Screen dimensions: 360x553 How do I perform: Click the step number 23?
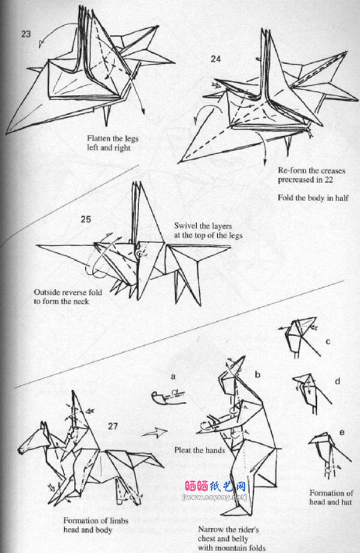click(26, 34)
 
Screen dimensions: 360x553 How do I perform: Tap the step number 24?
click(216, 59)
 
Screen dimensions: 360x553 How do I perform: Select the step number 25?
click(86, 219)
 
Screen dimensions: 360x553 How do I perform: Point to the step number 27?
click(113, 426)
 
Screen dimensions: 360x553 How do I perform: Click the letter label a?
click(173, 376)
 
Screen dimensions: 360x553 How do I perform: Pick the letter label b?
click(257, 374)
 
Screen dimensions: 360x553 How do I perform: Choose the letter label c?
click(328, 342)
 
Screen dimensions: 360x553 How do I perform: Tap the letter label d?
click(337, 381)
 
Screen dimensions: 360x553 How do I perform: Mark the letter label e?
click(341, 432)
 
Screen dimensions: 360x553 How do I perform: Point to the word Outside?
click(46, 292)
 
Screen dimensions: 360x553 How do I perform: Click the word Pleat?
click(184, 450)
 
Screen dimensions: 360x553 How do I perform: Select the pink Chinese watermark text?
click(215, 487)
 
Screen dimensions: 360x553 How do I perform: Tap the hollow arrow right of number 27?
click(155, 432)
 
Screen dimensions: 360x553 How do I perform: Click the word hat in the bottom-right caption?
click(347, 502)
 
